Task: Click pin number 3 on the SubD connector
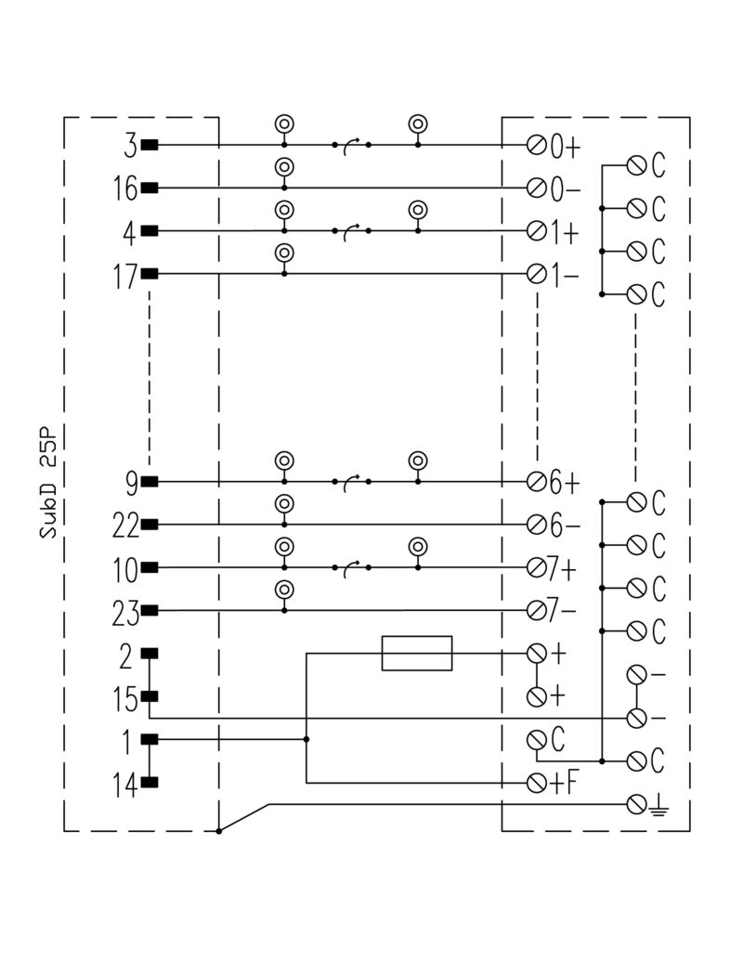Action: [x=130, y=146]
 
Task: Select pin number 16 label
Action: [x=124, y=188]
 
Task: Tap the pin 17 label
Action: [x=124, y=275]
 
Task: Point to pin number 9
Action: [x=130, y=482]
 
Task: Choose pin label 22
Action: [x=124, y=526]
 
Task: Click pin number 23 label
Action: [x=124, y=612]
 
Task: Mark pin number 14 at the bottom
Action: [x=124, y=786]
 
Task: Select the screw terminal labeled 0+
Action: [x=536, y=146]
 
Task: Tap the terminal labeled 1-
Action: [x=536, y=275]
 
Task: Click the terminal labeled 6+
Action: [x=536, y=482]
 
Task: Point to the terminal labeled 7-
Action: [x=536, y=611]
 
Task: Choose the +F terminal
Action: [x=536, y=783]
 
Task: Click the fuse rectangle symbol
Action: [x=417, y=653]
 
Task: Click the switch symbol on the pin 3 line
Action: [x=350, y=145]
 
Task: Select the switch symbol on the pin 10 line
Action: [x=350, y=567]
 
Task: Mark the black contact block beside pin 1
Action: [x=150, y=739]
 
